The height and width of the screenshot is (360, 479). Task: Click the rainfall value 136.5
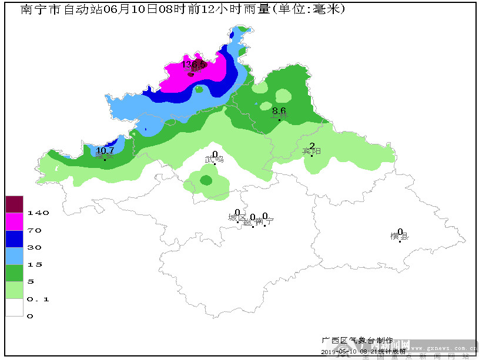[x=193, y=63]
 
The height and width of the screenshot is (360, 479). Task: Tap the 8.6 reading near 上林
[x=279, y=110]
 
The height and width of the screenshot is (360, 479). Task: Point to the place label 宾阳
[x=311, y=152]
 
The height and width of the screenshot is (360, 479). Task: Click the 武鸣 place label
[x=214, y=159]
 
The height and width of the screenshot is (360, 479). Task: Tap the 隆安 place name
[x=105, y=156]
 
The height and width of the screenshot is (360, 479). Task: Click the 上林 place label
[x=279, y=116]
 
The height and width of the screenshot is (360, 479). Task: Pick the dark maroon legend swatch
[x=14, y=204]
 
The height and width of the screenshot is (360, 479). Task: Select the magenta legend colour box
[x=14, y=221]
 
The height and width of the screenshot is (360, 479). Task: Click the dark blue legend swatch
[x=14, y=238]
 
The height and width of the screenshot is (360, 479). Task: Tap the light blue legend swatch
[x=14, y=255]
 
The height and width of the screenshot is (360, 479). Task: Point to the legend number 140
[x=38, y=213]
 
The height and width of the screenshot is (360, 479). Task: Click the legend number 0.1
[x=38, y=299]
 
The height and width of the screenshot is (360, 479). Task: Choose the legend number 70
[x=35, y=230]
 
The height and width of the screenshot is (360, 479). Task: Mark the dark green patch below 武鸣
[x=206, y=180]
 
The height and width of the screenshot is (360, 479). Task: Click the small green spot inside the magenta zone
[x=199, y=90]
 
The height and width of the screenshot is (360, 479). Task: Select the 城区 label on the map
[x=236, y=218]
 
